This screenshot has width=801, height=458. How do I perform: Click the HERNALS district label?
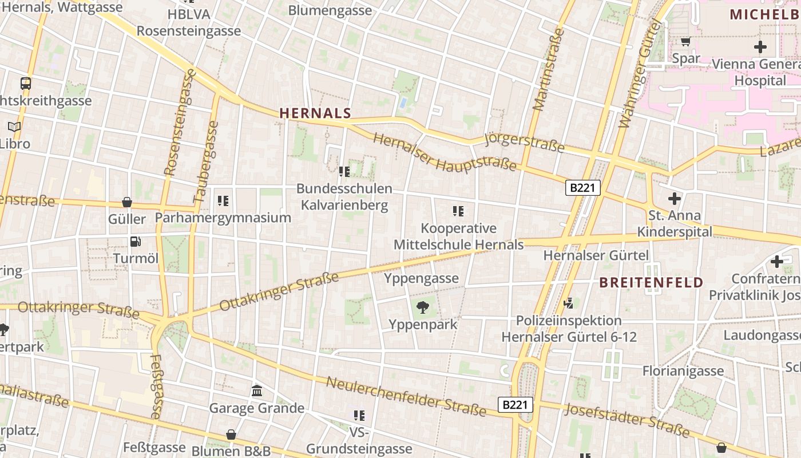[x=315, y=113]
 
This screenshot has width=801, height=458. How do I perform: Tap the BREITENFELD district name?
[x=651, y=282]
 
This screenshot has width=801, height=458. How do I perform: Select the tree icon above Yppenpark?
[x=423, y=308]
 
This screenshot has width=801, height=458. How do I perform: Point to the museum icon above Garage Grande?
[x=257, y=392]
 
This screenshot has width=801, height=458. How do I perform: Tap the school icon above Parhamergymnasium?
[x=223, y=201]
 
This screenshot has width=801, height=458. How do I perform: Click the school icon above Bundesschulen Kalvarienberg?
[x=344, y=172]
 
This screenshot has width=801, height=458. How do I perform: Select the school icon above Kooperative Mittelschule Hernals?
[x=458, y=211]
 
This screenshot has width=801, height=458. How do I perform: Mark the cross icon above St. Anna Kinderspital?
[x=675, y=199]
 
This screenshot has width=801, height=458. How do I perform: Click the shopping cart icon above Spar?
[x=685, y=41]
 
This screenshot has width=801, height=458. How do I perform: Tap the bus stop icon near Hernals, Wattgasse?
[x=26, y=84]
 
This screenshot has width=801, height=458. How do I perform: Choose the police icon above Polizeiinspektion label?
[x=569, y=303]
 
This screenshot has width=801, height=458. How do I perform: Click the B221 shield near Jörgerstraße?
[x=582, y=187]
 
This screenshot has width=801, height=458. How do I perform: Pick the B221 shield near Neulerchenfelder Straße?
[x=515, y=405]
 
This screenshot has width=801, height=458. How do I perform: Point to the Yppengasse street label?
[x=421, y=278]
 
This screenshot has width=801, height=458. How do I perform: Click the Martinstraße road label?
[x=548, y=69]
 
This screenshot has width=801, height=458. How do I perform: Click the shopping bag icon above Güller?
[x=127, y=203]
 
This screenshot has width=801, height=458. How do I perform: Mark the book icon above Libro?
[x=14, y=127]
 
